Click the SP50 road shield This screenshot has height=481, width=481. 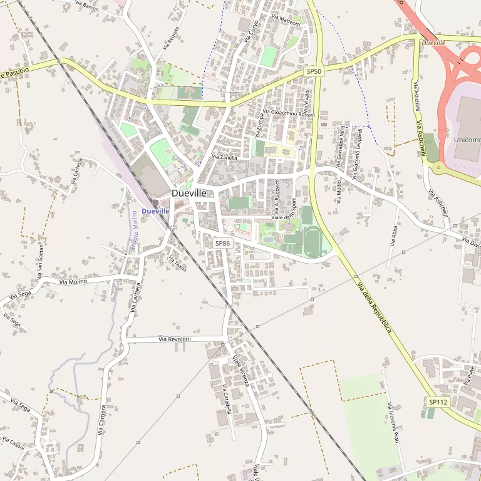[314, 72]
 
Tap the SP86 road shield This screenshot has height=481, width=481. [222, 243]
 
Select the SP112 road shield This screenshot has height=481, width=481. [438, 401]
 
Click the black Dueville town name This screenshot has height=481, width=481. [189, 194]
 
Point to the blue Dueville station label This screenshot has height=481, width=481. [155, 211]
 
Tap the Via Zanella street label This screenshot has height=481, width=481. [225, 158]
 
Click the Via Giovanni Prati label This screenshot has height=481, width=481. [393, 423]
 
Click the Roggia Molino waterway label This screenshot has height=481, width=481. [134, 232]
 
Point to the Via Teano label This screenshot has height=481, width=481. [178, 259]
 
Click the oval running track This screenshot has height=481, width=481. [313, 241]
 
